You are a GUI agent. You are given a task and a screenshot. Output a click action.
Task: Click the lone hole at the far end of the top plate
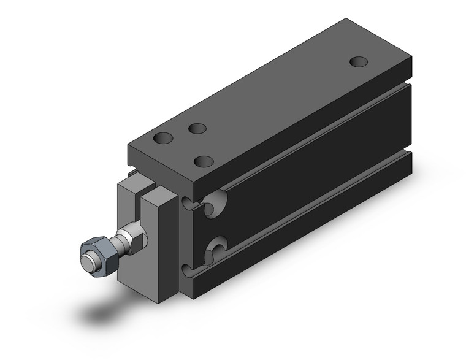359,62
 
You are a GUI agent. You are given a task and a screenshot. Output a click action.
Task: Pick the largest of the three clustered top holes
164,139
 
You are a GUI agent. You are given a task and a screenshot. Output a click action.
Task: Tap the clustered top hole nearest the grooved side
203,162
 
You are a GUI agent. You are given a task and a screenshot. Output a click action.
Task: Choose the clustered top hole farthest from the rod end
197,129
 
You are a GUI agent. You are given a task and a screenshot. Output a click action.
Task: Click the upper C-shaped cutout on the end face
215,202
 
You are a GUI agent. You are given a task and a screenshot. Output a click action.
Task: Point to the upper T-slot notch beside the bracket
188,203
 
